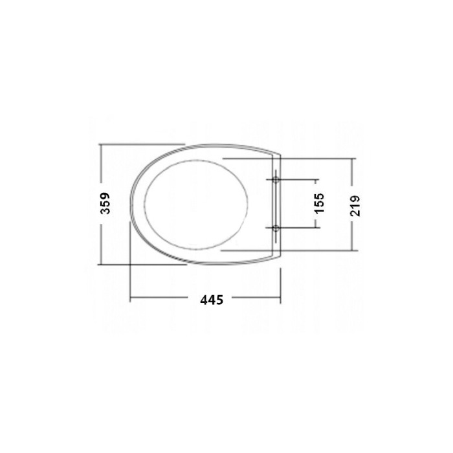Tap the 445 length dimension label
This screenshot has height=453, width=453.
(x=212, y=299)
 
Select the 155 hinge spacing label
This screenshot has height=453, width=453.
(x=319, y=203)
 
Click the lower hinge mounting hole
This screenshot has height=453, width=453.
(x=276, y=227)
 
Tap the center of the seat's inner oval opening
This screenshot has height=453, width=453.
(x=196, y=203)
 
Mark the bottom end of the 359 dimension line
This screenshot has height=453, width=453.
(x=101, y=264)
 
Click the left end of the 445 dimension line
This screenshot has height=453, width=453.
(x=131, y=298)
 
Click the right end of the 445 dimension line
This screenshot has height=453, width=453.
(x=280, y=298)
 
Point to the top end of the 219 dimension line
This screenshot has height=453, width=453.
(x=353, y=158)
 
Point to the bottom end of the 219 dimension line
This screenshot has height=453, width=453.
(x=353, y=250)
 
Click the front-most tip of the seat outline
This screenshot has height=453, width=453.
(x=131, y=203)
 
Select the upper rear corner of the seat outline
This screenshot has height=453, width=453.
(x=280, y=155)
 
